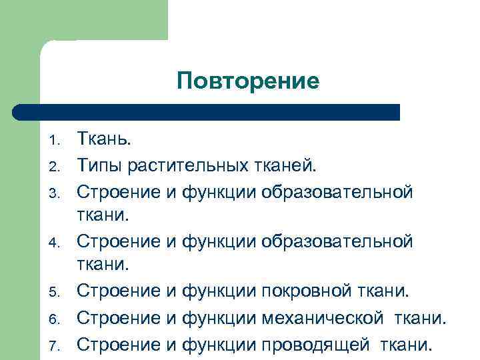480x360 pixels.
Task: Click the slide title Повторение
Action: coord(248,82)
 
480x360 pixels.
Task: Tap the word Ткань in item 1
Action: coord(103,139)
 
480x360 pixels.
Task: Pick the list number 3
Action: coord(56,193)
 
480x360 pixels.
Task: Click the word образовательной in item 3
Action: coord(337,191)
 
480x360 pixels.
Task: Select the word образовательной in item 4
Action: coord(337,241)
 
